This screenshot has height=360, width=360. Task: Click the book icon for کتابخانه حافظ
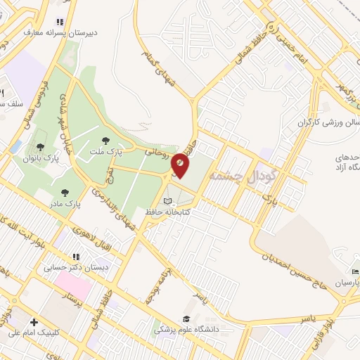pyautogui.click(x=167, y=201)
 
